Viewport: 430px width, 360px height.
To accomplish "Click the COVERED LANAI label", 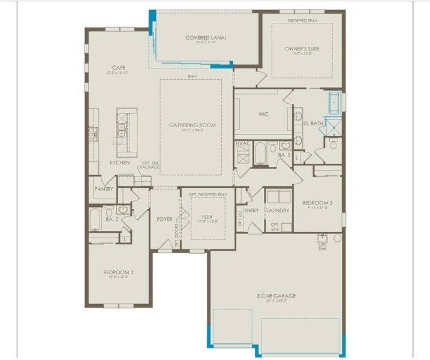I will (x=205, y=38).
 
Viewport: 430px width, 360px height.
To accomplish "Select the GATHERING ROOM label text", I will (x=192, y=125).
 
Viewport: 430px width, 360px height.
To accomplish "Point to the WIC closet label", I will (x=263, y=113).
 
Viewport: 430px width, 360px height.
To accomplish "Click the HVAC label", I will (x=243, y=143).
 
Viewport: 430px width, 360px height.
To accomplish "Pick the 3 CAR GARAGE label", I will (x=276, y=296).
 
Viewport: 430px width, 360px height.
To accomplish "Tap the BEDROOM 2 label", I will (x=118, y=272).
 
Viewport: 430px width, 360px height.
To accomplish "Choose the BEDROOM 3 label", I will (x=317, y=203).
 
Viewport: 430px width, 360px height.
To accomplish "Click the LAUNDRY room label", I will (x=278, y=211).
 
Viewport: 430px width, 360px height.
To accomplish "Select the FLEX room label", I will (x=207, y=217).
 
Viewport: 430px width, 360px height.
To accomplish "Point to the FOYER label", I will (x=165, y=219).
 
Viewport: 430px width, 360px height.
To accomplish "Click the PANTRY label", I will (x=104, y=188).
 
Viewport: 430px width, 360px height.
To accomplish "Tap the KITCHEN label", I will (x=119, y=163).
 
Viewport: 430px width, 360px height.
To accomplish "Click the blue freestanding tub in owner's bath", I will (x=333, y=103).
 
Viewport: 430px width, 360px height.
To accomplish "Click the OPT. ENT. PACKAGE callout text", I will (x=150, y=164).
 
